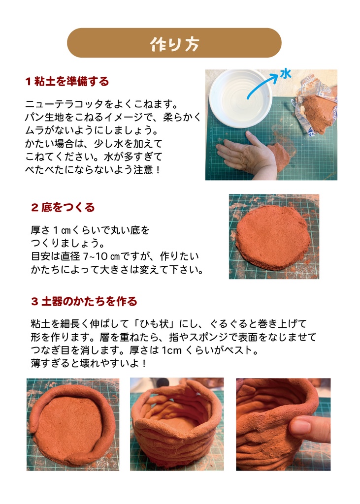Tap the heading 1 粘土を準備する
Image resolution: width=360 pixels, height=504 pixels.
(67, 81)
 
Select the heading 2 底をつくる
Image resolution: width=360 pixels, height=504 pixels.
(63, 207)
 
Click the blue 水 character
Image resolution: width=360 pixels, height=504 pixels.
(286, 74)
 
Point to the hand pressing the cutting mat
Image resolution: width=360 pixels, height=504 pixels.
(246, 155)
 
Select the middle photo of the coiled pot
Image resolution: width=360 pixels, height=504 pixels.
(176, 424)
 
